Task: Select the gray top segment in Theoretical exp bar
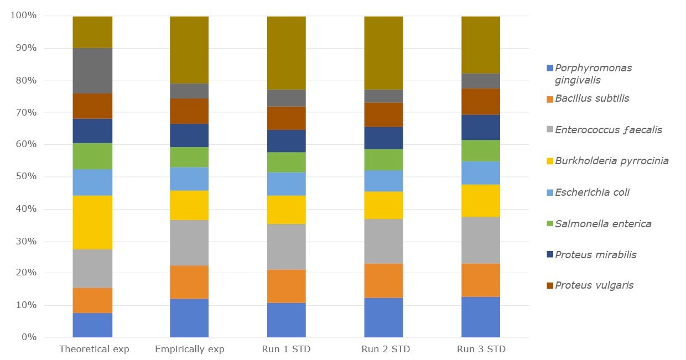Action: pos(92,70)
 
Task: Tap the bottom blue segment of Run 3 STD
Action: pos(480,317)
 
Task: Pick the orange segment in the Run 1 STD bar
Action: pos(286,286)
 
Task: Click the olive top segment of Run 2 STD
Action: pos(383,53)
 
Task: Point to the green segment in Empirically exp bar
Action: pos(189,157)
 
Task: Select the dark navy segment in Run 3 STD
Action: pos(480,127)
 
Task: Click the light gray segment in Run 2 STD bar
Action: pos(383,241)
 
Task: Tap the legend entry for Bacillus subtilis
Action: pos(592,99)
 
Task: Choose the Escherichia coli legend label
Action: pos(592,192)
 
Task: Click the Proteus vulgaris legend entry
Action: pos(594,285)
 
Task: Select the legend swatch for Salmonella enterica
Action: pos(550,224)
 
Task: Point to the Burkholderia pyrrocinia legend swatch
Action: pos(550,161)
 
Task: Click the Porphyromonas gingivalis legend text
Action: pos(593,74)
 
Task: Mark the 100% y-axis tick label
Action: pos(23,15)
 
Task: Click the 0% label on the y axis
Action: pos(28,337)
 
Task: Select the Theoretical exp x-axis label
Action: pos(93,349)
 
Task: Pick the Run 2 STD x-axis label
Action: pos(386,349)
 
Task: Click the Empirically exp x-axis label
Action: pos(190,349)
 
